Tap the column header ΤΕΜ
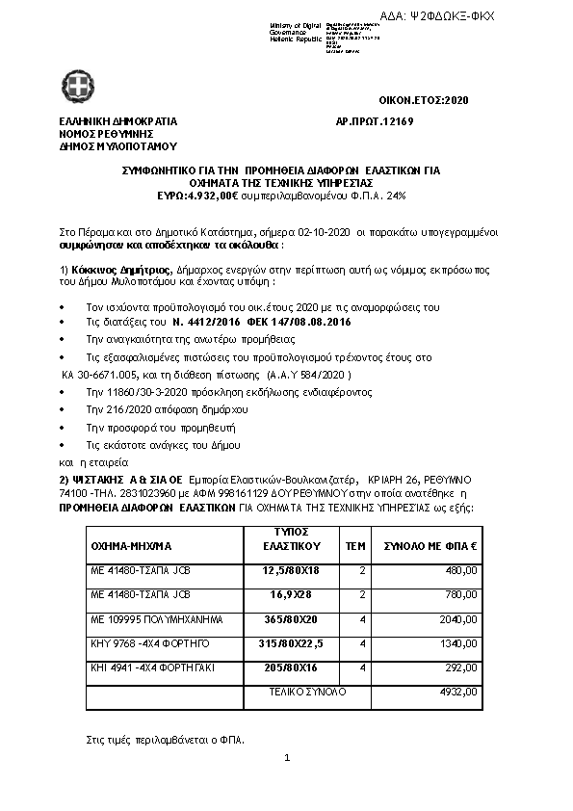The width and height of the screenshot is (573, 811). [355, 544]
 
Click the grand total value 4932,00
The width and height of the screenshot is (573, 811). [459, 691]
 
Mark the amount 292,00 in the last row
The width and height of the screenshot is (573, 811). [463, 667]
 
